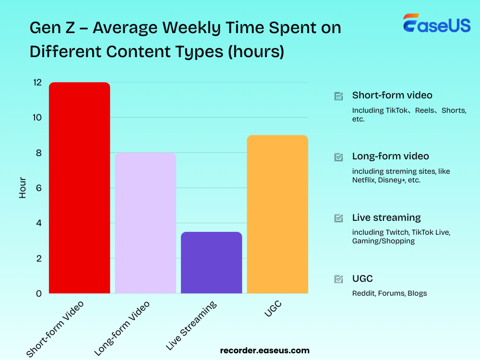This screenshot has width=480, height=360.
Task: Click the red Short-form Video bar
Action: coord(80,188)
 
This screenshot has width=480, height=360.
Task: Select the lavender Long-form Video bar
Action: coord(145,223)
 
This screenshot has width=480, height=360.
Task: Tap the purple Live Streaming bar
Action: coord(211,263)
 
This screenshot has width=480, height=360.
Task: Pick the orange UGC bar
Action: coord(277,214)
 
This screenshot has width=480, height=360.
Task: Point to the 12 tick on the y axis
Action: coord(37,83)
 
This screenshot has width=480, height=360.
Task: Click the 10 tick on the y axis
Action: coord(37,118)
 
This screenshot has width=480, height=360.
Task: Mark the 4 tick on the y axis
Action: coord(39,223)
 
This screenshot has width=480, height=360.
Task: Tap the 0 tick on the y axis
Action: coord(39,293)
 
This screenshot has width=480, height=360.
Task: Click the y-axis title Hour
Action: coord(23,188)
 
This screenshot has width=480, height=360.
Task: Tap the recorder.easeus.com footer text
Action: coord(264,350)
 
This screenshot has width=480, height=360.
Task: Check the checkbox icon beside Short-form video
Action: coord(338,96)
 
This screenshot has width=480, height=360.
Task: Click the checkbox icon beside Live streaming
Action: coord(338,218)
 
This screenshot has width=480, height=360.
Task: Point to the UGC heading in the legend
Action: coord(362,278)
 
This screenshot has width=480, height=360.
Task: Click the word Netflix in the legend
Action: coord(363,180)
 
